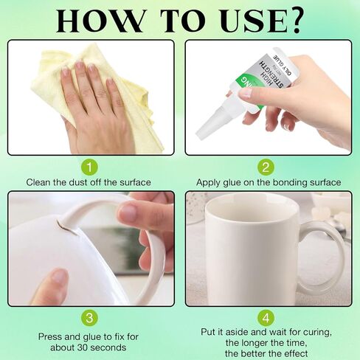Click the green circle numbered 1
[89, 167]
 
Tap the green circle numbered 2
[266, 167]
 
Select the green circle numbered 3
[89, 318]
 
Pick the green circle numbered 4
[266, 318]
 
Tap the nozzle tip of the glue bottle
[201, 135]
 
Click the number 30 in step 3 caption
[83, 347]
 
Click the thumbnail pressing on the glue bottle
[246, 94]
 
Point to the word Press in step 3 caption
[49, 336]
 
